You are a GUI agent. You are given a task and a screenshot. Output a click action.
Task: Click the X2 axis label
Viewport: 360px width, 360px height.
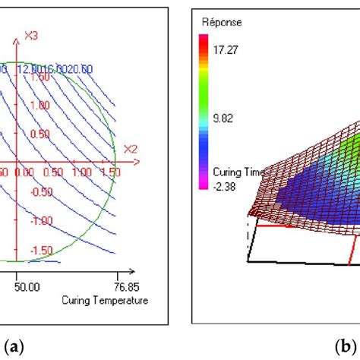coord(130,148)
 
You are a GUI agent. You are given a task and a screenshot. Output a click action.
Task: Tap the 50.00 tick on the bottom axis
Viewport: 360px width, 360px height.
coord(27,287)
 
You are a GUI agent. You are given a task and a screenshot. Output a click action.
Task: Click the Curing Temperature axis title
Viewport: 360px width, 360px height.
coord(104,300)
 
